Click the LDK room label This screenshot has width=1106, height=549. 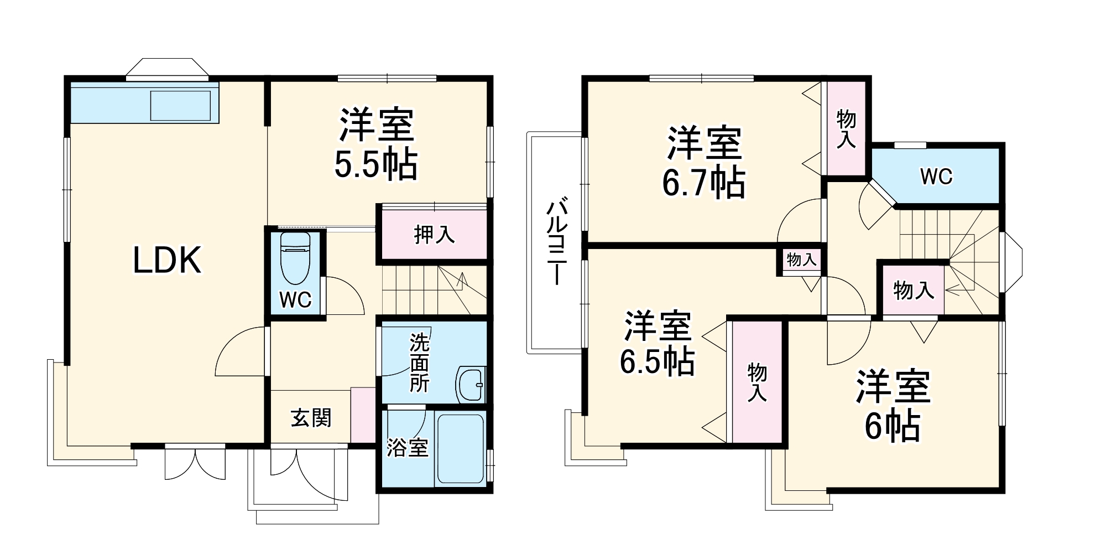[167, 261]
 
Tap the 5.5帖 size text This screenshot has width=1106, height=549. [375, 163]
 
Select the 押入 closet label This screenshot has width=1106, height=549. [434, 235]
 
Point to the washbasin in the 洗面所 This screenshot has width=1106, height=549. [471, 384]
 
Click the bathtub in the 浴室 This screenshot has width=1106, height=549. [460, 448]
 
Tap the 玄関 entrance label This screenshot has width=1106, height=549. [311, 418]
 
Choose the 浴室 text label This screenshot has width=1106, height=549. [407, 447]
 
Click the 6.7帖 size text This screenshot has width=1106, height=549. [703, 183]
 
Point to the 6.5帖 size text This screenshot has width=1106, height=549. [657, 361]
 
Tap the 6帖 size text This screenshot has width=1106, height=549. [893, 426]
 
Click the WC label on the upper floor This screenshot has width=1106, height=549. [936, 177]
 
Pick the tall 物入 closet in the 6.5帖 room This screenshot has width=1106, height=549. [757, 382]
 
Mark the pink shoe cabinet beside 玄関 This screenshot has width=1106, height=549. [363, 415]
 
